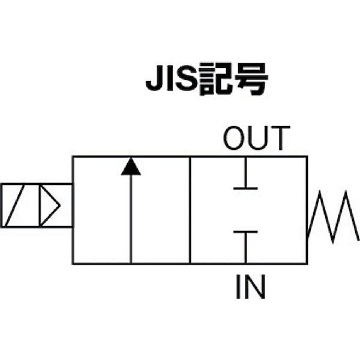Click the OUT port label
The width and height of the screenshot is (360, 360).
[256, 138]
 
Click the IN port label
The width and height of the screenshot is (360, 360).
[250, 287]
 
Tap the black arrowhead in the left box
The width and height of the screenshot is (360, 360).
[131, 166]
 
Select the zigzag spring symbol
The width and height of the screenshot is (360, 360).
[333, 217]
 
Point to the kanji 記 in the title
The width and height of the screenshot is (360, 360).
[216, 79]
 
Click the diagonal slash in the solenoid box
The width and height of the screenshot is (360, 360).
[14, 205]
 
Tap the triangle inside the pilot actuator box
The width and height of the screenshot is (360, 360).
[50, 205]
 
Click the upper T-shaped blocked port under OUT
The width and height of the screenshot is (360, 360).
[245, 173]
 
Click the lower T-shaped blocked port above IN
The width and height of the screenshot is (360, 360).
[245, 247]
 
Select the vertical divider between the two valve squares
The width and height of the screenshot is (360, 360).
[190, 210]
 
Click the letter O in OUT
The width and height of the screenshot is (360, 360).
[234, 138]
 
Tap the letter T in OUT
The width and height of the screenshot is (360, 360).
[280, 138]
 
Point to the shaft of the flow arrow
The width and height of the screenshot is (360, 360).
[131, 219]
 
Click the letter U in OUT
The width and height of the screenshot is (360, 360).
[257, 138]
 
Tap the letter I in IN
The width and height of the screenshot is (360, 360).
[238, 287]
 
